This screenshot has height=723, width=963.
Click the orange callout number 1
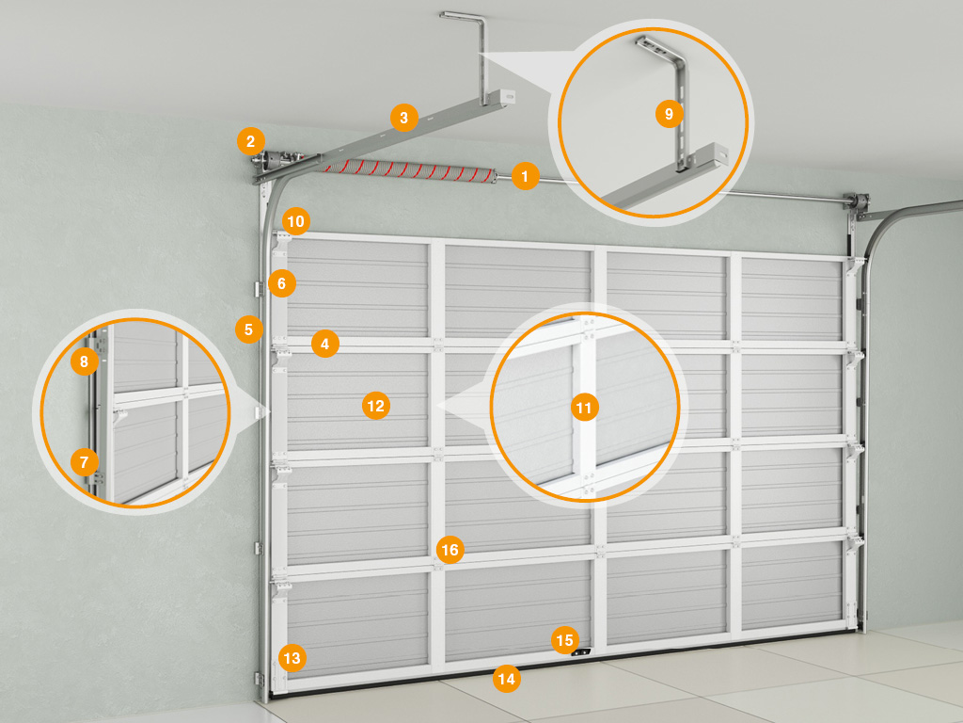(525, 176)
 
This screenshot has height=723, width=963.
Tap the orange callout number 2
(250, 142)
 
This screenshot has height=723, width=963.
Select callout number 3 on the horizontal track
(403, 118)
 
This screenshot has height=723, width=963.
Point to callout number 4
(324, 344)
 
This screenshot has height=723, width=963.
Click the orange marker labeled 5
(248, 329)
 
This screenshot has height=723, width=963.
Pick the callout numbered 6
(282, 283)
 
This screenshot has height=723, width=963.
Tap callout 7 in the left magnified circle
(84, 461)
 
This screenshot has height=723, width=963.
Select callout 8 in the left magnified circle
(84, 361)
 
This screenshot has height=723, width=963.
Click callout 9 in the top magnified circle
(669, 114)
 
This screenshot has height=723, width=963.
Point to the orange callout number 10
(296, 221)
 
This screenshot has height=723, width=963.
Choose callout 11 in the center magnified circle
(584, 408)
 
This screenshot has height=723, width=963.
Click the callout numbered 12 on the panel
(376, 406)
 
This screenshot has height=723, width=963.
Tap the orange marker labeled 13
(292, 658)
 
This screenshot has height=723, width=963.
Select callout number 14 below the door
(507, 679)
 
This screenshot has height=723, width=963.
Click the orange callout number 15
(564, 640)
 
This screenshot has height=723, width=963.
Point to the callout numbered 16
(450, 550)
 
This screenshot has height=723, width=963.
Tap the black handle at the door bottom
(581, 653)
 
